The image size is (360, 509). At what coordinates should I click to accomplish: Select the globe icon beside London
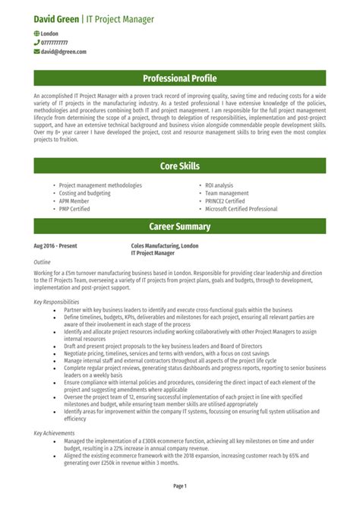point(37,34)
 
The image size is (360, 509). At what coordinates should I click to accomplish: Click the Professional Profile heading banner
point(180,78)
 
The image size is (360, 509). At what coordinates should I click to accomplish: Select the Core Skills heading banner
point(180,166)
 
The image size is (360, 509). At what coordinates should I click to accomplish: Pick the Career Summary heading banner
point(180,226)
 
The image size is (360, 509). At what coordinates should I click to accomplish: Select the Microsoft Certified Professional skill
point(242,209)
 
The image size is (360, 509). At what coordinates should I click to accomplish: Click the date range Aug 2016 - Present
point(55,246)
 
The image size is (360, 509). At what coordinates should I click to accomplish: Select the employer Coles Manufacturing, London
point(165,246)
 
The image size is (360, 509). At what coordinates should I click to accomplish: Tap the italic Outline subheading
point(43,261)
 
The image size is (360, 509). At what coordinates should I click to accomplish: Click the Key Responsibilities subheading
point(56,302)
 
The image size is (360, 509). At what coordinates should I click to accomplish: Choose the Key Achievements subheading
point(54,432)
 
